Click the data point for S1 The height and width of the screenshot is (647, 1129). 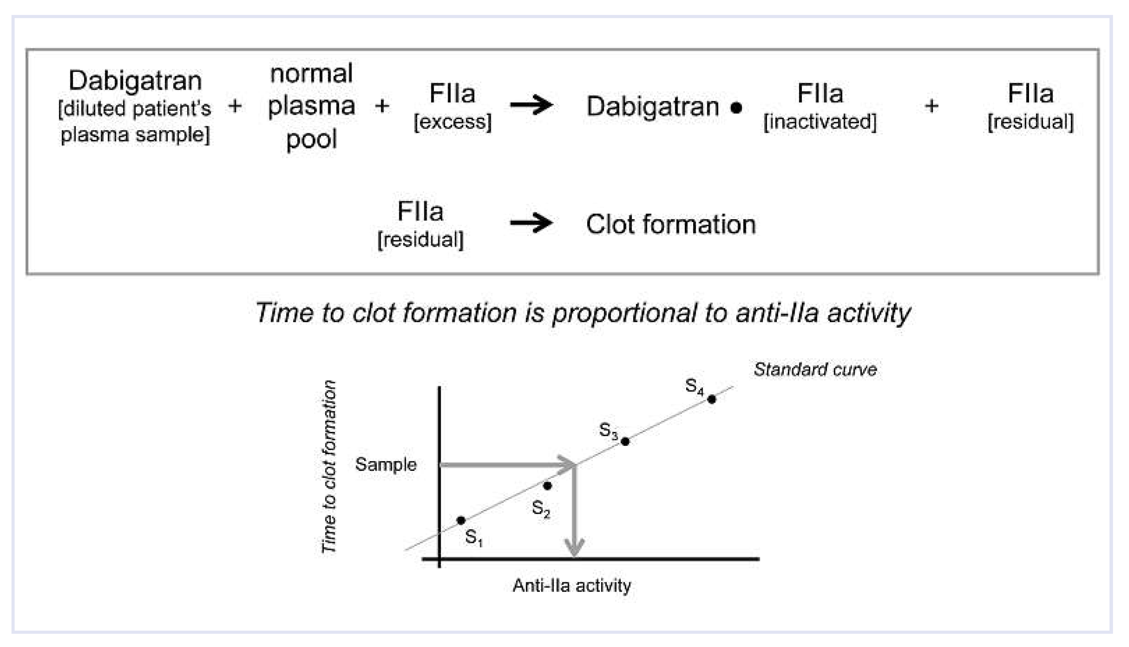(x=461, y=520)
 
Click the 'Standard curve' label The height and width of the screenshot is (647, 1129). (x=815, y=369)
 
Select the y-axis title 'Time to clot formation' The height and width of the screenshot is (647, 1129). (x=328, y=467)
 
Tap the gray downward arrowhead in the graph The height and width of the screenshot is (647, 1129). (x=574, y=546)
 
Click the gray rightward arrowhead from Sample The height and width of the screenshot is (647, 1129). (x=567, y=465)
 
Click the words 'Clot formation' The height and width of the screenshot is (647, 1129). (x=671, y=224)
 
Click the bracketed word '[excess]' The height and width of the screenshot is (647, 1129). (x=453, y=122)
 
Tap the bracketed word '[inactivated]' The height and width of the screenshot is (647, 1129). (x=820, y=122)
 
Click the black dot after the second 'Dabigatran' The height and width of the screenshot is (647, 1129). (x=736, y=108)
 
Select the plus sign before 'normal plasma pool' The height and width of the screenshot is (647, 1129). (x=235, y=106)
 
